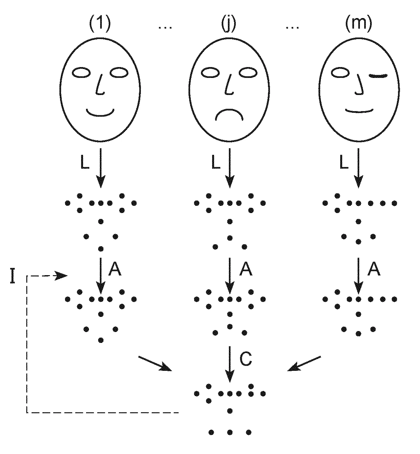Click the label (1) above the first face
(100, 24)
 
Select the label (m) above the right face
(358, 24)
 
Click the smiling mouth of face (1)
(100, 113)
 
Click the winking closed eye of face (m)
(379, 76)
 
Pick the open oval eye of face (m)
(340, 73)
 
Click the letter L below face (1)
(85, 163)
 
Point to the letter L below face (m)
(343, 163)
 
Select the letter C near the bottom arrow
(246, 359)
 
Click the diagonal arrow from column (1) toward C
(155, 364)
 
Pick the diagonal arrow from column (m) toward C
(304, 364)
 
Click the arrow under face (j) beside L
(230, 168)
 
